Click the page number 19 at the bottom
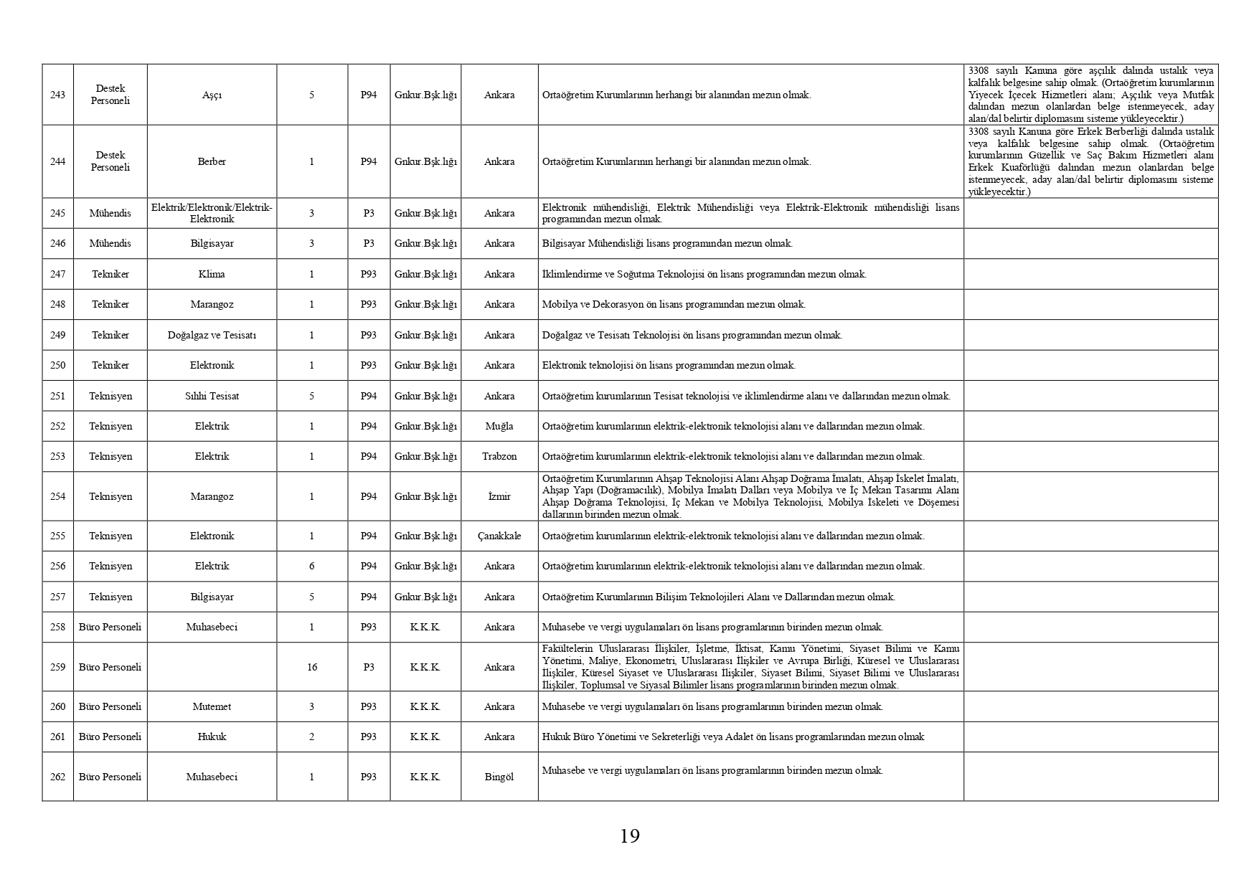629,836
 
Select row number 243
57,95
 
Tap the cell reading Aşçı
212,95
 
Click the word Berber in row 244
212,161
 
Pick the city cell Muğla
499,426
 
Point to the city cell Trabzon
499,456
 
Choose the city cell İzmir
499,496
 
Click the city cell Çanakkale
499,536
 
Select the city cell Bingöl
499,777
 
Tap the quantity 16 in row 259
312,667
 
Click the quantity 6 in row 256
312,566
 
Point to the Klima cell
212,274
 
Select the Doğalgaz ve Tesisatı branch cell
212,335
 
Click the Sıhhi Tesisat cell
212,396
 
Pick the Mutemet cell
212,706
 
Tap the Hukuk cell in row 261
212,737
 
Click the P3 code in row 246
369,243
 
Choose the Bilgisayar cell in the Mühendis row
212,243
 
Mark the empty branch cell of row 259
212,667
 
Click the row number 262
57,777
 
